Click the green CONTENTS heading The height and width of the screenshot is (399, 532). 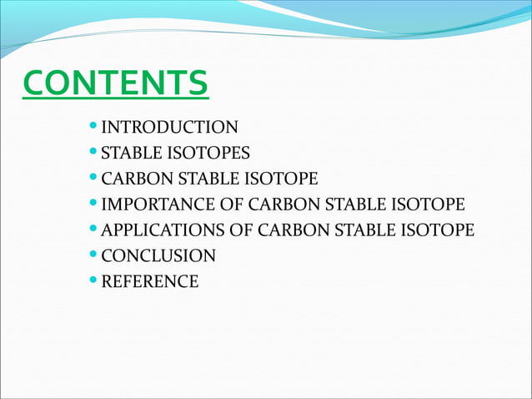115,83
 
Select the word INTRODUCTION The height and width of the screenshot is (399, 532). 169,128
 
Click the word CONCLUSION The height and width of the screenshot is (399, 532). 158,256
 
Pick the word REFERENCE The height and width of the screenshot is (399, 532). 149,282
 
